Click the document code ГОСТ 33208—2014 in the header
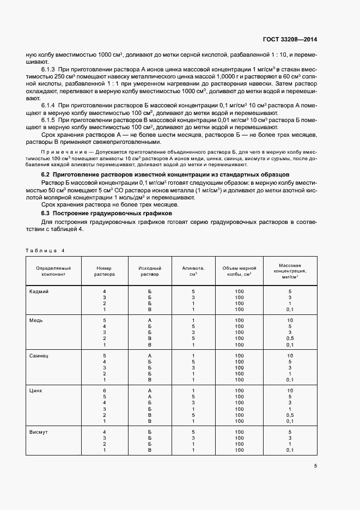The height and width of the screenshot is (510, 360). (x=291, y=39)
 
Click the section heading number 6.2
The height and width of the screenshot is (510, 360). (x=46, y=174)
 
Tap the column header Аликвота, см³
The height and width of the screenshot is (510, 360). (x=193, y=271)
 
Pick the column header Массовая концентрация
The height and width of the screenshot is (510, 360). (x=290, y=271)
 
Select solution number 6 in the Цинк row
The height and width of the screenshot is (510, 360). (x=103, y=391)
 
